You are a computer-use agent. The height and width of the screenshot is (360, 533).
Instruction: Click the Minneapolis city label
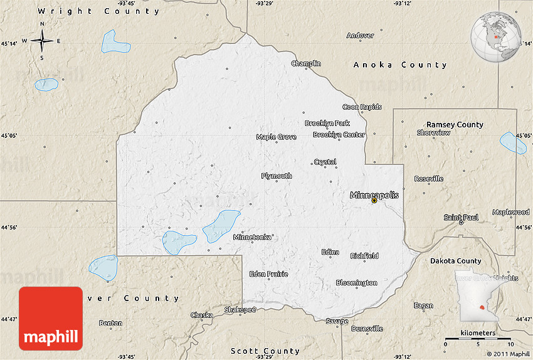coord(374,195)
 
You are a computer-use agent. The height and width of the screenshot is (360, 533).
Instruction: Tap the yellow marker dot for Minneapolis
coord(374,201)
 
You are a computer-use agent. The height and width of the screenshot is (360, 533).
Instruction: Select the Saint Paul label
coord(462,217)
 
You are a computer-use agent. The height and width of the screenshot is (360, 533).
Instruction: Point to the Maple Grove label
coord(276,137)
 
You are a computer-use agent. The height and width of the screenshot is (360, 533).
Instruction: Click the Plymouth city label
coord(277,176)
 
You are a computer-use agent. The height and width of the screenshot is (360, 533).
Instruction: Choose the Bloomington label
coord(356,283)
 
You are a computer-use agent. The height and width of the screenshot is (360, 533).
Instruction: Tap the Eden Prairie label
coord(268,274)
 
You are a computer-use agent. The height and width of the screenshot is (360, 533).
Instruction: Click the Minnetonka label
coord(252,237)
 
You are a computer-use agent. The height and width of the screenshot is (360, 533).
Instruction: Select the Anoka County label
coord(400,65)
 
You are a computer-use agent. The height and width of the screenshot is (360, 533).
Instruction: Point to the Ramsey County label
coord(455,125)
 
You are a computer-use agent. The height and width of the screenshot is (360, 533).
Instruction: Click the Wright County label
coord(98,11)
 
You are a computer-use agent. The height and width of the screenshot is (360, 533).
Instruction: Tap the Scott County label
coord(265,351)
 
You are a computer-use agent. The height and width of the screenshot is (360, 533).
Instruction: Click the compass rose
coord(42,41)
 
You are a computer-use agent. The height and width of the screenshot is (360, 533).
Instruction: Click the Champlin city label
coord(306,63)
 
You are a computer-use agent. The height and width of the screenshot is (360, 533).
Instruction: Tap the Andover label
coord(360,36)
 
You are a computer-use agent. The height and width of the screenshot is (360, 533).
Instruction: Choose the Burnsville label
coord(367,329)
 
